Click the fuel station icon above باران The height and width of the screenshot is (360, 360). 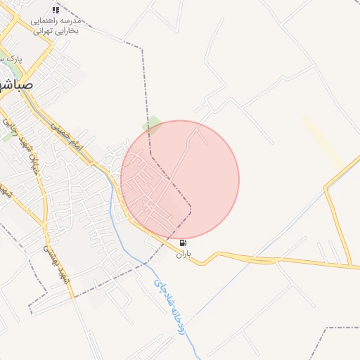(184, 243)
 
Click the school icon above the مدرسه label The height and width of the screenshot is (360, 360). (56, 10)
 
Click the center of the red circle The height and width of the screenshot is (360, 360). (180, 179)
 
